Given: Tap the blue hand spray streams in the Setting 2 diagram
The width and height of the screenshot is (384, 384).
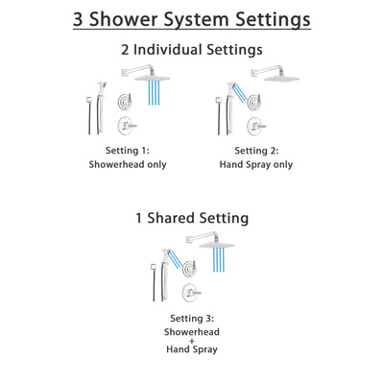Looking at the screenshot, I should [238, 92].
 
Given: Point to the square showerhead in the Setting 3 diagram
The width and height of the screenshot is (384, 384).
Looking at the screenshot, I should [220, 243].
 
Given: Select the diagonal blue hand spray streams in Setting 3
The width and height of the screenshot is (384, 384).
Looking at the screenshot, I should [180, 254].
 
